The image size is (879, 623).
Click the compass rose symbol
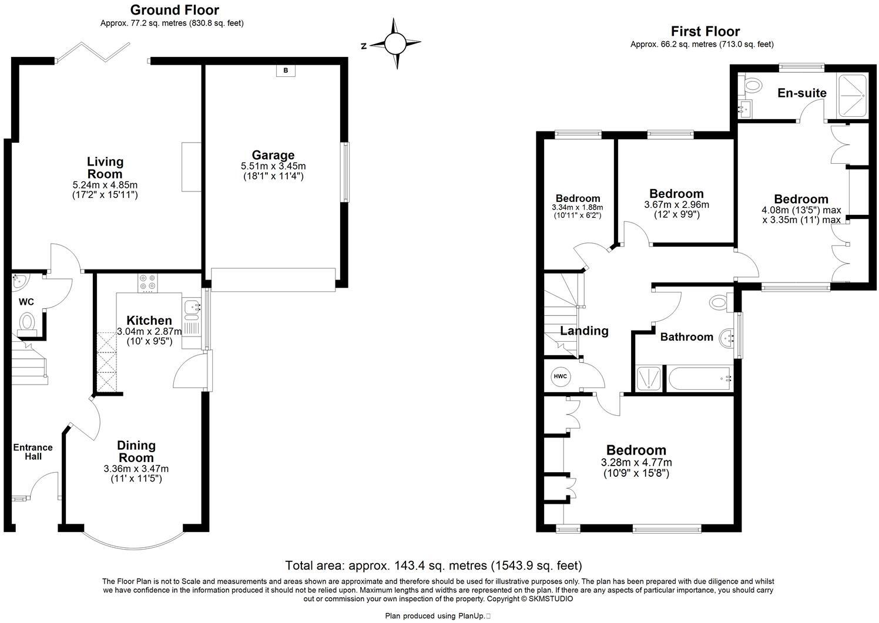click(x=395, y=43)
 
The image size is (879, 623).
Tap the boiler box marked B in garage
click(x=286, y=71)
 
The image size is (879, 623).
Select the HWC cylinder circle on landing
click(x=560, y=376)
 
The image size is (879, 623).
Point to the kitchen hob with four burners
click(x=147, y=283)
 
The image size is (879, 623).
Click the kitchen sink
click(x=192, y=307)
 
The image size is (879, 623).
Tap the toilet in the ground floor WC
click(x=27, y=323)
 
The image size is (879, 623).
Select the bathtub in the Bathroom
click(x=699, y=379)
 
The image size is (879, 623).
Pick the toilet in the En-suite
click(x=749, y=87)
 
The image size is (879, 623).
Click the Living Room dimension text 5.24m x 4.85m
click(x=105, y=184)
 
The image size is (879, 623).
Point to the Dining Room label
click(x=136, y=452)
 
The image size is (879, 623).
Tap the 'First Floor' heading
click(x=705, y=31)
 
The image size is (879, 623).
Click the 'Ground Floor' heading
click(x=174, y=10)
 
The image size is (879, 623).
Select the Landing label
click(x=584, y=331)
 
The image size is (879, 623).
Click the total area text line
click(x=433, y=565)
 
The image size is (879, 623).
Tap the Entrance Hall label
click(x=33, y=452)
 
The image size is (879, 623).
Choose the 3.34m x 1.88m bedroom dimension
click(x=577, y=207)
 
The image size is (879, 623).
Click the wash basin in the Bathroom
click(x=729, y=338)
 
